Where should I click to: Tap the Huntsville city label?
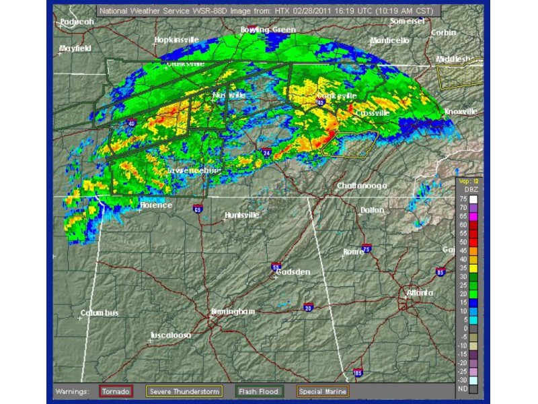tap(243, 215)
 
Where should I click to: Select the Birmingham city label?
tap(233, 312)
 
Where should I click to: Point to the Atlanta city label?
tap(420, 293)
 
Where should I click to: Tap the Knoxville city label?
tap(461, 111)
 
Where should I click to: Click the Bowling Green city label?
tap(269, 30)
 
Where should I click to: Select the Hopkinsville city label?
tap(176, 40)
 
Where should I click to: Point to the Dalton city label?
tap(372, 210)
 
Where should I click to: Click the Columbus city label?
tap(100, 313)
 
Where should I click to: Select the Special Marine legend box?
tap(324, 391)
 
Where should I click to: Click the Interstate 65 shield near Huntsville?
tap(197, 208)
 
